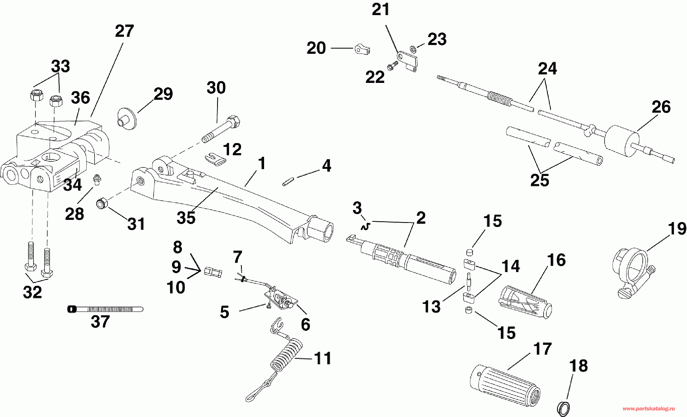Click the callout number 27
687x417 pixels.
124,31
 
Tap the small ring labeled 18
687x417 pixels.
563,408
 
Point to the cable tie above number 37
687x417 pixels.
105,309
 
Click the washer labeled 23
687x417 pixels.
413,49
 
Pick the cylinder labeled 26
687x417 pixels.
622,141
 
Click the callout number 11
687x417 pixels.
323,358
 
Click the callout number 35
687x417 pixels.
186,218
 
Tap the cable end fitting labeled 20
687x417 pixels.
362,49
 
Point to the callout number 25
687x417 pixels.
539,180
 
